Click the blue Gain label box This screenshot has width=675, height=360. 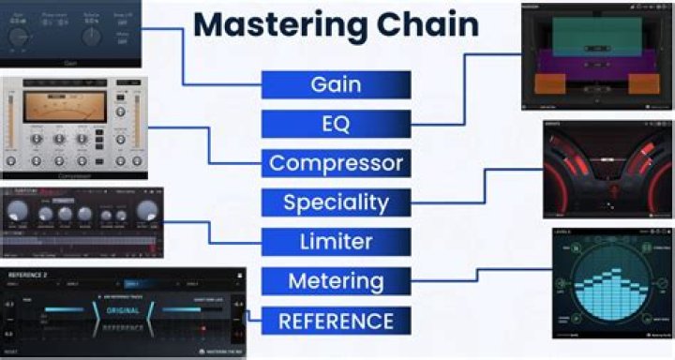click(336, 84)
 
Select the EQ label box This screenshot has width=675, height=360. click(336, 124)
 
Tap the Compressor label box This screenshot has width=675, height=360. click(336, 163)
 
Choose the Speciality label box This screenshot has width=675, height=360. click(336, 202)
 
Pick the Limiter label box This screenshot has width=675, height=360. click(336, 242)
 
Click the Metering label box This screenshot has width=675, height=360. click(336, 280)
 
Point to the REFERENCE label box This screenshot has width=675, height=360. click(336, 321)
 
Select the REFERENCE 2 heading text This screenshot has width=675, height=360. click(29, 276)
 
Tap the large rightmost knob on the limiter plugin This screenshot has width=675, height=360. click(146, 214)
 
